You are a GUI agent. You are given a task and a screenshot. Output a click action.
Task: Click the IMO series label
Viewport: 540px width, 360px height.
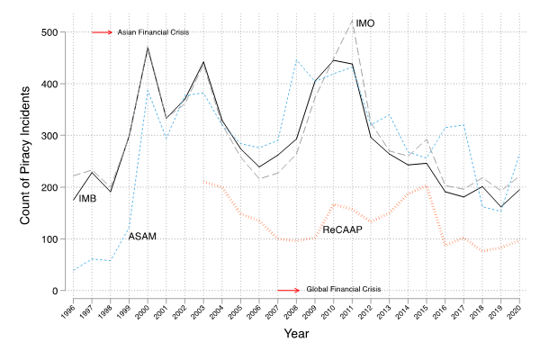tap(365, 22)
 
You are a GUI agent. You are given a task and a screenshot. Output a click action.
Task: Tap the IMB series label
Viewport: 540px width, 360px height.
tap(88, 198)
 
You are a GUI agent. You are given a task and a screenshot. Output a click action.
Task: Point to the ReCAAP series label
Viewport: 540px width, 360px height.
tap(344, 230)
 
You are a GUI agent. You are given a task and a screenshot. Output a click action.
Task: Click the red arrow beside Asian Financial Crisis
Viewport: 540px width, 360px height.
tap(102, 32)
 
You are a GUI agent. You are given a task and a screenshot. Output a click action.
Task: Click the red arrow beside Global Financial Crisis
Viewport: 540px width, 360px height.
tap(289, 290)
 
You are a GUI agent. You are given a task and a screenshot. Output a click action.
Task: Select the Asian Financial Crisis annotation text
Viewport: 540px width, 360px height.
tap(156, 32)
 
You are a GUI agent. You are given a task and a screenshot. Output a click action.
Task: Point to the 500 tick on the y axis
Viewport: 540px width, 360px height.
tap(48, 32)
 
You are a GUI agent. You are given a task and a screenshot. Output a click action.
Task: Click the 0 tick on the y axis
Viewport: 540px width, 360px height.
tap(55, 291)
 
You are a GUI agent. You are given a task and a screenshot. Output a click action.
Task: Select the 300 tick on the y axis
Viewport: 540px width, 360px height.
tap(48, 136)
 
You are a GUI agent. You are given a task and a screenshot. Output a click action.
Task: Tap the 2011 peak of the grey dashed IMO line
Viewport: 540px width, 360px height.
tap(352, 20)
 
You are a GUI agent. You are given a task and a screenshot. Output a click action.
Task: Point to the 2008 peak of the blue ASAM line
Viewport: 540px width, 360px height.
tap(296, 60)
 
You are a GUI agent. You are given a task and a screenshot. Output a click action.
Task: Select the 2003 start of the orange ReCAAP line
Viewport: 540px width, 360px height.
tap(203, 181)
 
